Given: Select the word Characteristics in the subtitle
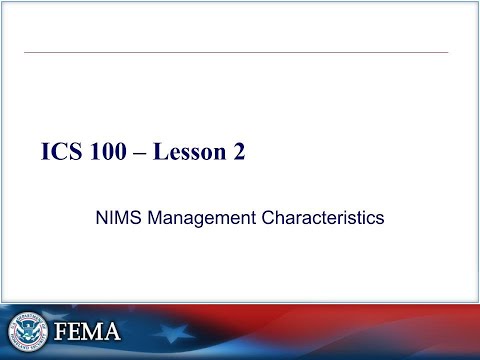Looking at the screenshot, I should [x=324, y=216].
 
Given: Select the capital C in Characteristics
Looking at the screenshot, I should [x=271, y=216].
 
